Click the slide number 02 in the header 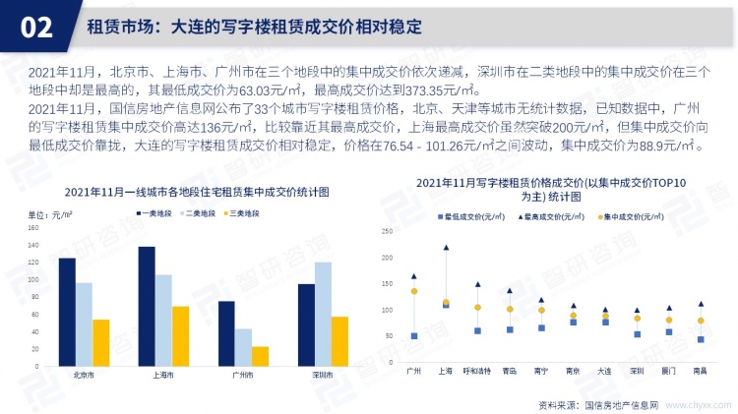click(x=36, y=27)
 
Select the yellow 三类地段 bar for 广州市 click(x=260, y=355)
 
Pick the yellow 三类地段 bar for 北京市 click(x=100, y=341)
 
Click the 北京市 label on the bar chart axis click(x=84, y=375)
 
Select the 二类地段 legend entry click(x=201, y=212)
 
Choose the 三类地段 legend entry click(x=245, y=212)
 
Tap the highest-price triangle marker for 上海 click(x=446, y=248)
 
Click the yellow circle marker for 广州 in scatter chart click(x=414, y=291)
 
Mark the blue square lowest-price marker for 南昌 click(x=700, y=339)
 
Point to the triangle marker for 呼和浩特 click(x=477, y=284)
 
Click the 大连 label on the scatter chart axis click(x=604, y=371)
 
